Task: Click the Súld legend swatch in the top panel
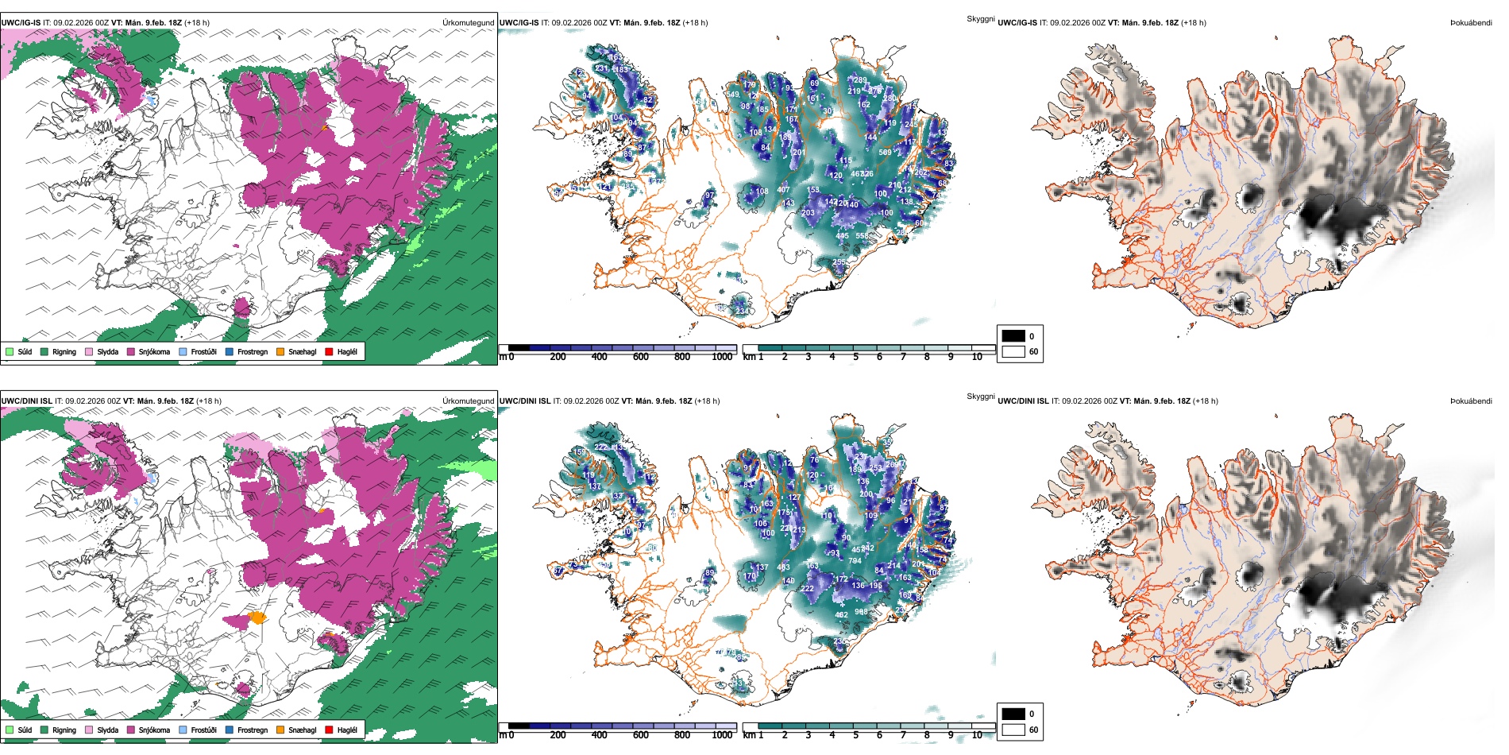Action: coord(10,351)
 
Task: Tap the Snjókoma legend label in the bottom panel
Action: coord(154,730)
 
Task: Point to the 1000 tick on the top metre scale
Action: coord(722,357)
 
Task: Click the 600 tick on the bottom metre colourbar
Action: coord(641,735)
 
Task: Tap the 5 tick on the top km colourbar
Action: coord(855,357)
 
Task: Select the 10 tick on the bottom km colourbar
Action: coord(977,735)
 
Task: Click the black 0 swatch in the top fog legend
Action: coord(1013,336)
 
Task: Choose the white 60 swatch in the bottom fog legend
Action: coord(1013,730)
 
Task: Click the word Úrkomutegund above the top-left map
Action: coord(468,23)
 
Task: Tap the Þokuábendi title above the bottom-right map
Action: coord(1471,401)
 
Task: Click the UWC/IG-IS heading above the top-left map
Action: coord(21,23)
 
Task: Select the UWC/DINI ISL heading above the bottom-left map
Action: coord(26,401)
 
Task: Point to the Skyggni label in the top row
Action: coord(981,18)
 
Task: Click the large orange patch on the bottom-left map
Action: coord(257,617)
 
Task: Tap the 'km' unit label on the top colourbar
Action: coord(748,357)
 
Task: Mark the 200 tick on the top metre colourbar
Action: coord(558,357)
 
